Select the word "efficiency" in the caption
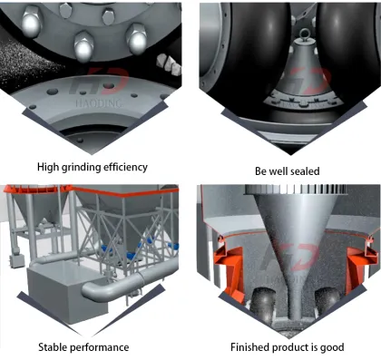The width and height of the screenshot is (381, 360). [128, 167]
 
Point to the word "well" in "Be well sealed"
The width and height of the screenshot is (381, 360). [276, 170]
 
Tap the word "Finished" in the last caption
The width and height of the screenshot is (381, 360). [251, 347]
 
